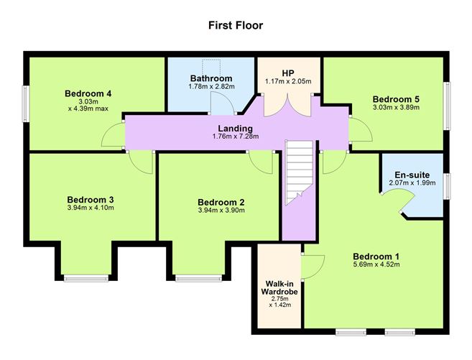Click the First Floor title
click(x=236, y=25)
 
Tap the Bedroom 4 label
click(x=87, y=93)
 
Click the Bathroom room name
click(x=210, y=78)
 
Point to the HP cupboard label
click(x=287, y=73)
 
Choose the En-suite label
click(x=412, y=175)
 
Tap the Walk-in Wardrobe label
click(x=279, y=288)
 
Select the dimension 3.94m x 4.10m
click(x=91, y=208)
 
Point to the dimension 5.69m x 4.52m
click(x=376, y=264)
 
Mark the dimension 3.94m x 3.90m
click(x=221, y=211)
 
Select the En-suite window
click(x=447, y=184)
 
